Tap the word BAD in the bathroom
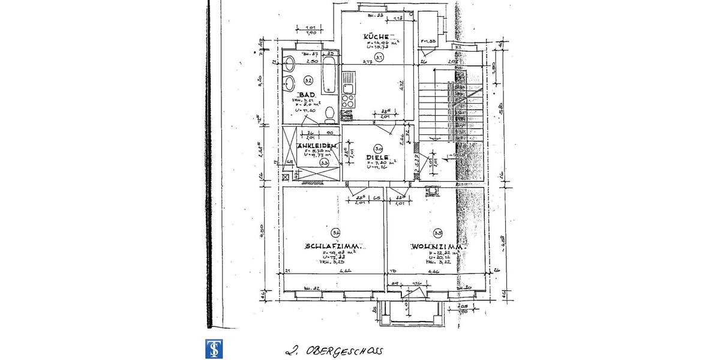[x=307, y=95]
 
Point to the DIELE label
[x=377, y=158]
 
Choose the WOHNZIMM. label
[x=436, y=247]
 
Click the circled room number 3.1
[x=379, y=58]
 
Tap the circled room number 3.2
[x=308, y=80]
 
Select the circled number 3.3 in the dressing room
[x=324, y=162]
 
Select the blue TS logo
[x=212, y=349]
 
